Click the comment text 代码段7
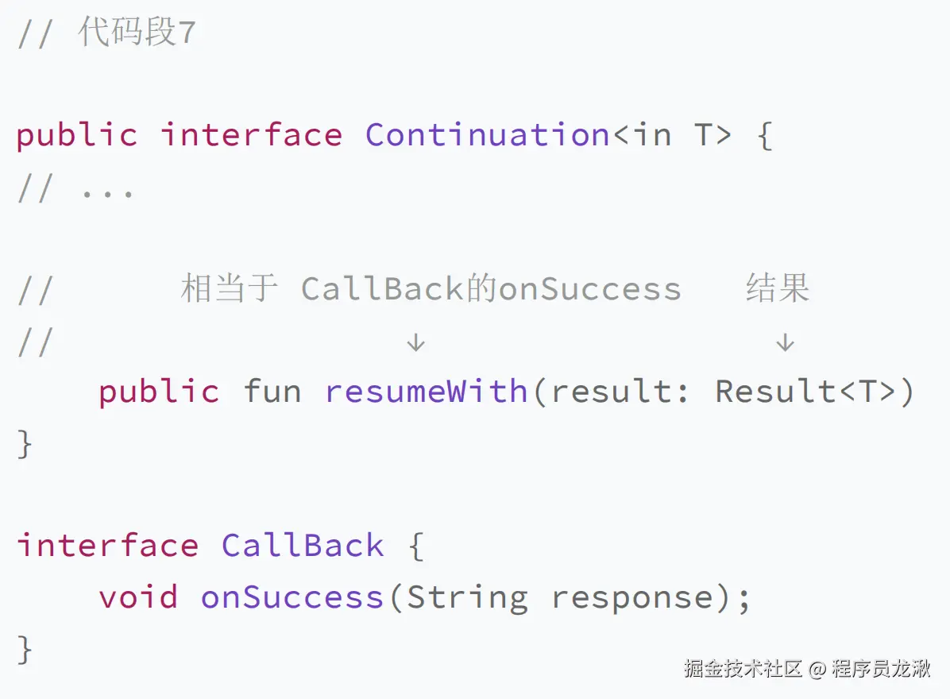137,32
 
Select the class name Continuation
488,134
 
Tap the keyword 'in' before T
652,134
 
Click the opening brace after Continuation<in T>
765,136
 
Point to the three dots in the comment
107,195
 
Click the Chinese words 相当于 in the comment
229,288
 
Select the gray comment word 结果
778,288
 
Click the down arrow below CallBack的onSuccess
415,342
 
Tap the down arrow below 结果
786,342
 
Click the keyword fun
272,391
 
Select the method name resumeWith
427,391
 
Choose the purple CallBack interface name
303,545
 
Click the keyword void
139,597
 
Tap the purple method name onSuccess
292,597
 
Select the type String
468,598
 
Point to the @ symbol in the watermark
817,670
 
